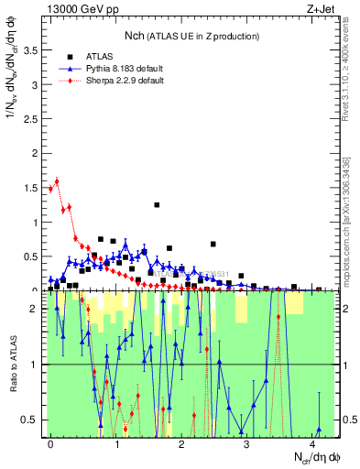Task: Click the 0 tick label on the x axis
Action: tap(51, 443)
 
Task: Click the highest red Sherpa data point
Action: tap(57, 180)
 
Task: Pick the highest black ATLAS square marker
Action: tap(157, 205)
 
